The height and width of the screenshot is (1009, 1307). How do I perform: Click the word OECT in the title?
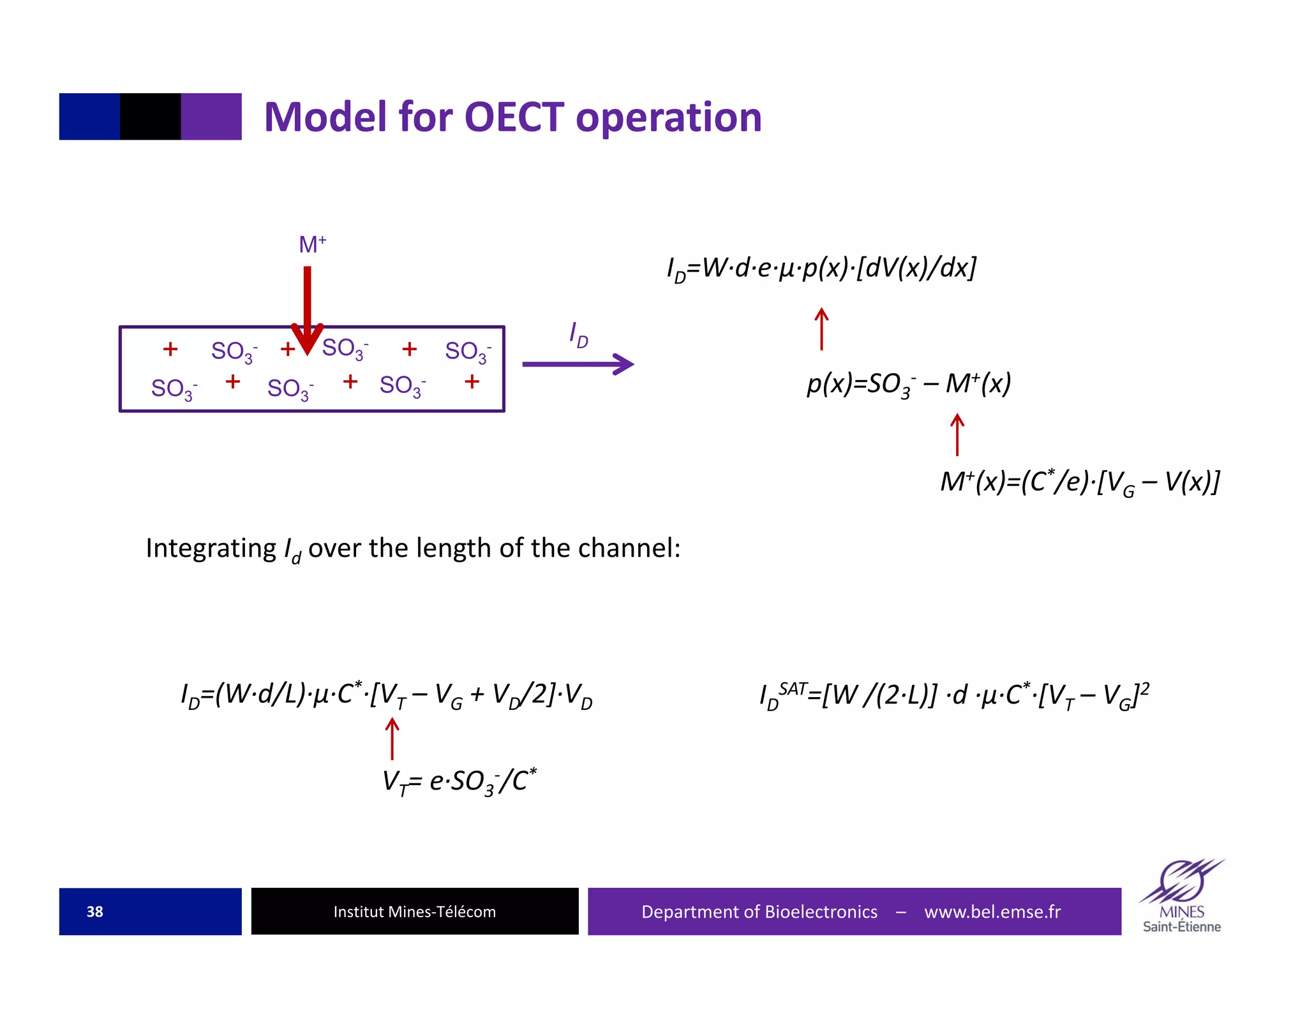click(514, 117)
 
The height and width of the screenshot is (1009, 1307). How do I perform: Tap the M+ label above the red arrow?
click(312, 244)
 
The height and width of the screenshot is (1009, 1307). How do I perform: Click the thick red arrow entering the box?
click(307, 306)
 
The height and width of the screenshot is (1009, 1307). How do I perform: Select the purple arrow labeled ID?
click(578, 364)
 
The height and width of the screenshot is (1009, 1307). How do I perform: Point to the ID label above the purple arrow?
click(578, 335)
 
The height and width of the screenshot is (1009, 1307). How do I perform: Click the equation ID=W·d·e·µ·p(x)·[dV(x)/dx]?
click(821, 268)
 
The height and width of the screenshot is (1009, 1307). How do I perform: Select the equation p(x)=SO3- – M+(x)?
click(909, 384)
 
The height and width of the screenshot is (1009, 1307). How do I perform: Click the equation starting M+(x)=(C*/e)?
click(1080, 482)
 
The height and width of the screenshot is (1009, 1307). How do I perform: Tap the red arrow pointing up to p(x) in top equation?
click(821, 329)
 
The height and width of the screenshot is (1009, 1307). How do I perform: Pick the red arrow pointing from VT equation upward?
click(392, 739)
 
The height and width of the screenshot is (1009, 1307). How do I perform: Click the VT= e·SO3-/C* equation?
click(459, 781)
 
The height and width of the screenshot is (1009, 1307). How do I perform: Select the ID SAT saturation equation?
click(954, 695)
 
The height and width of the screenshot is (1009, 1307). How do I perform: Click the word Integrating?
click(211, 549)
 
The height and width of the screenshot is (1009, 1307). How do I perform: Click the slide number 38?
click(94, 911)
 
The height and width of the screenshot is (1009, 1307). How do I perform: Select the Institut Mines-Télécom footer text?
click(414, 911)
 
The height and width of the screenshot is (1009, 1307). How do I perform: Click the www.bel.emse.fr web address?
click(992, 911)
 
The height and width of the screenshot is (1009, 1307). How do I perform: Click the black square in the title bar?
click(150, 117)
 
